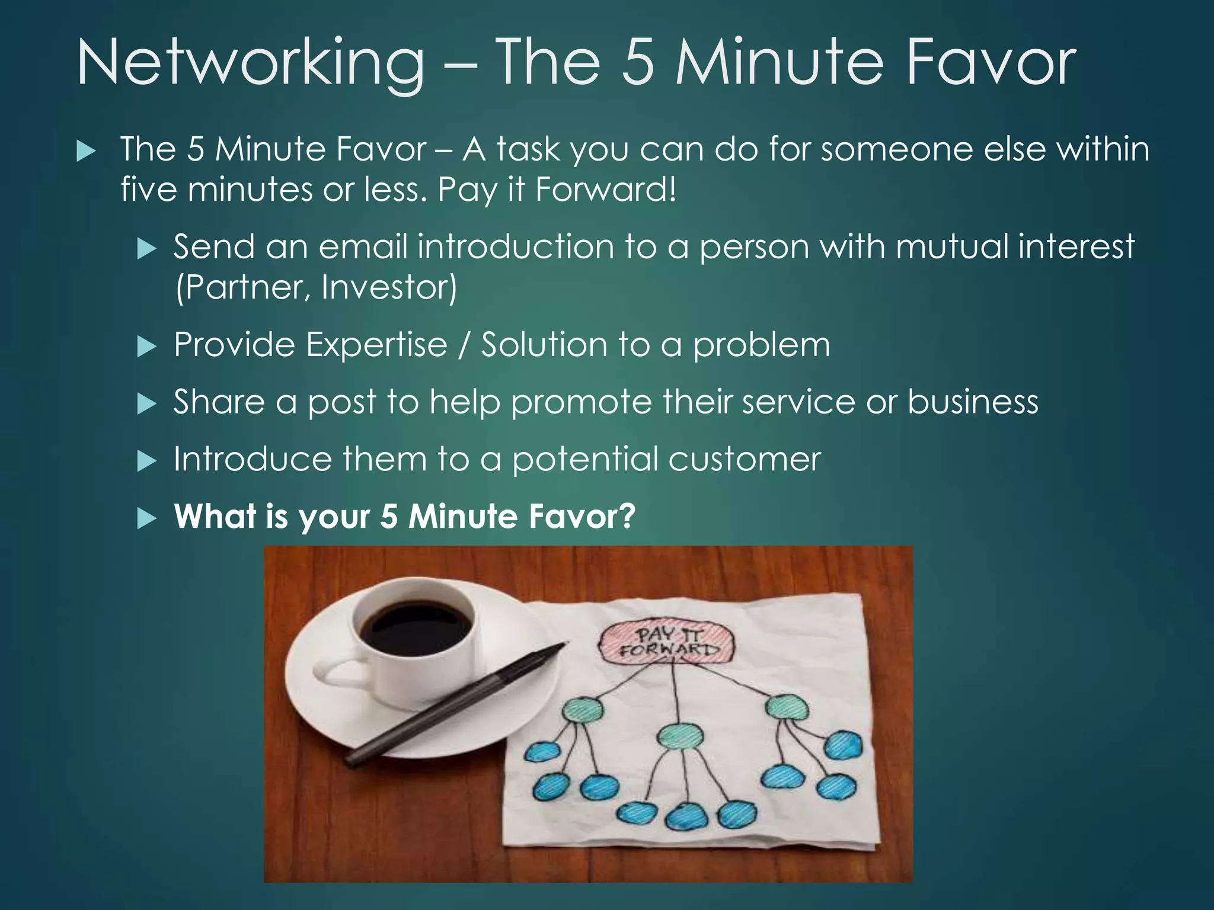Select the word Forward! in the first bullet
605,190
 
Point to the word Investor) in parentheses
389,287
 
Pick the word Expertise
376,344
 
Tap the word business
973,402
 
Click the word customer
745,459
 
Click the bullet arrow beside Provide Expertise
146,347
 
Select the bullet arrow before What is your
146,518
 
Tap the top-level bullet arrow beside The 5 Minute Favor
86,152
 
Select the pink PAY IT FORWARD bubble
667,642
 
